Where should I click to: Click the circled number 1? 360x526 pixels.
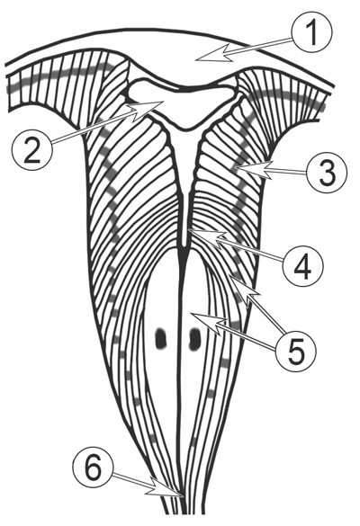tap(312, 32)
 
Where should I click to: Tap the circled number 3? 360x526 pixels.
tap(327, 172)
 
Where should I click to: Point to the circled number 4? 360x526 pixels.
tap(303, 265)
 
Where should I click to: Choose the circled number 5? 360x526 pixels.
tap(295, 351)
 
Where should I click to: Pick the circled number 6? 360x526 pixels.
tap(94, 468)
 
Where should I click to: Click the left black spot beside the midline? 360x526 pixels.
tap(161, 338)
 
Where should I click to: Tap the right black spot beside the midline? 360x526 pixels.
tap(194, 338)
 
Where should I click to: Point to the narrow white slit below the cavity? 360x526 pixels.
tap(184, 188)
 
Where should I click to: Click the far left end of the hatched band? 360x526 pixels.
tap(9, 93)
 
